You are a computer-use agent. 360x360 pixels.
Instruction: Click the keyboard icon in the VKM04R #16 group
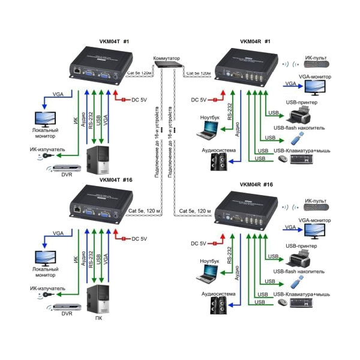308,304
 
